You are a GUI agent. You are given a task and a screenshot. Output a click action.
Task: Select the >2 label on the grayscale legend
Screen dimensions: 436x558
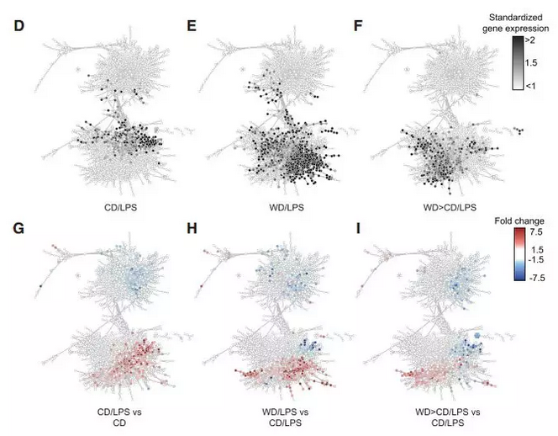pyautogui.click(x=539, y=40)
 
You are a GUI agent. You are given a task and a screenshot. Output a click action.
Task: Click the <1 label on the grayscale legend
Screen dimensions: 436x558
pyautogui.click(x=539, y=87)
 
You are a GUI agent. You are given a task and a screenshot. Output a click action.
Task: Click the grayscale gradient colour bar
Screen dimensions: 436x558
pyautogui.click(x=519, y=63)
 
